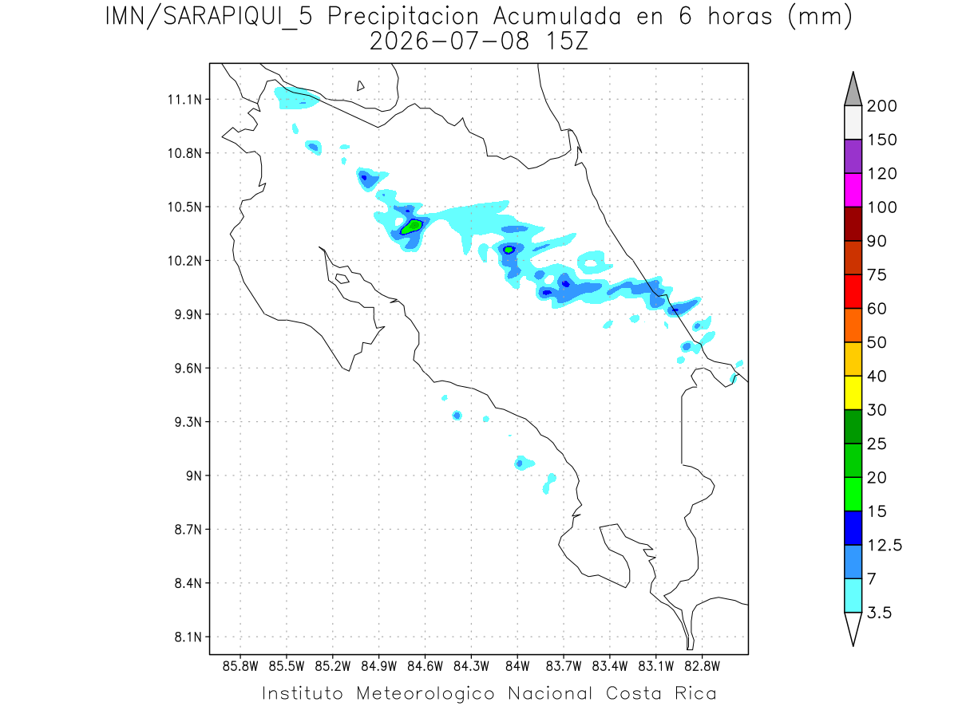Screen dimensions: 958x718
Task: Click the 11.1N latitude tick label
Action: (184, 100)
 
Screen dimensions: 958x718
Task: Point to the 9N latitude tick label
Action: (194, 475)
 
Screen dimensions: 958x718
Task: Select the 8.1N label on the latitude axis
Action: (188, 637)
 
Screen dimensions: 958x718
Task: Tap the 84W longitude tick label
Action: (517, 666)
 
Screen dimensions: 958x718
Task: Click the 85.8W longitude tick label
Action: (240, 666)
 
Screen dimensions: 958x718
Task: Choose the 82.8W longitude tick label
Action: (702, 666)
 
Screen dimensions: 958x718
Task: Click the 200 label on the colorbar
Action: (881, 106)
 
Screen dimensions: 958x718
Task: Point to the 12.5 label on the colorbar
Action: (885, 545)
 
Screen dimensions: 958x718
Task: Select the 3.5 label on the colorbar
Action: (879, 613)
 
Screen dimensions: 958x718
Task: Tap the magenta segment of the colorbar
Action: (853, 190)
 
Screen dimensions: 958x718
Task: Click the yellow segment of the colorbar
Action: (853, 393)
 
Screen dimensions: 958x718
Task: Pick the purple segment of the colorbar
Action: (853, 156)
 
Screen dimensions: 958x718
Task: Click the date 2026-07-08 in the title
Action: (449, 41)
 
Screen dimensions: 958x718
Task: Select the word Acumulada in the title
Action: (557, 17)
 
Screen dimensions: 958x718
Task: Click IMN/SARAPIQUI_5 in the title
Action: (209, 18)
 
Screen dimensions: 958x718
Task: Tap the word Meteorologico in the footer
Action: (425, 693)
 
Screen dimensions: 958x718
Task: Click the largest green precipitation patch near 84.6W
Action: (412, 227)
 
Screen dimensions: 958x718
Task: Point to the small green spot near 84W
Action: (509, 250)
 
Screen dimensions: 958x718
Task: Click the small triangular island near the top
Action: (360, 86)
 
